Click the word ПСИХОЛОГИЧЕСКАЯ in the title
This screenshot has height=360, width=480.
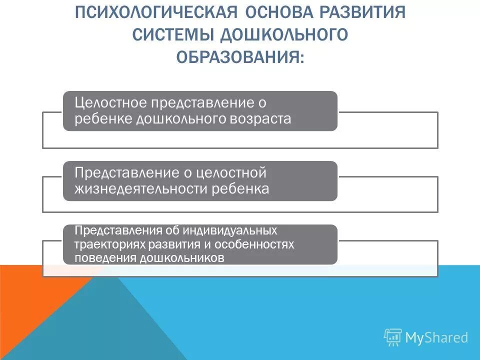[143, 12]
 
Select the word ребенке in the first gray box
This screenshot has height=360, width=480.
[103, 119]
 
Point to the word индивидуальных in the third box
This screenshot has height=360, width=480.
[230, 231]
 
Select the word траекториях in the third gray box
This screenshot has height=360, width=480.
[107, 244]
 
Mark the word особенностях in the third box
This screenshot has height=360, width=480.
[257, 244]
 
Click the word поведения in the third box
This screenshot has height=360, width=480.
[105, 258]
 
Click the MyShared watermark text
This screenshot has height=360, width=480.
[436, 337]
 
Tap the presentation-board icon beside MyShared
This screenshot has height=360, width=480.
[393, 338]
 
